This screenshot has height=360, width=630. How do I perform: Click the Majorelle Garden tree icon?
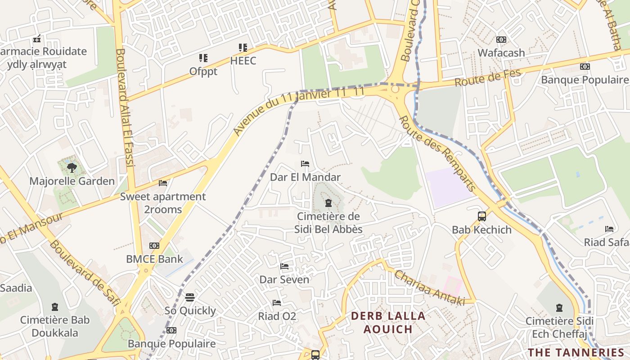click(x=71, y=168)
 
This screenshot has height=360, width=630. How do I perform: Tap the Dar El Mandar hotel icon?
click(x=305, y=164)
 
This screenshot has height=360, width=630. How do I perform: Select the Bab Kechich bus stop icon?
click(x=481, y=216)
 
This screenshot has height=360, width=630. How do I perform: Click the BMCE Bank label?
click(x=154, y=259)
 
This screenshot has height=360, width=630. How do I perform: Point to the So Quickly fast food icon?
click(x=190, y=297)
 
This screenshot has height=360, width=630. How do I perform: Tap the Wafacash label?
click(x=501, y=53)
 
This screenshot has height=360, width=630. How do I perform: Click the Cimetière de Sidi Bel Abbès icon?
click(x=328, y=203)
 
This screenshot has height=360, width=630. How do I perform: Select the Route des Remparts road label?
click(x=437, y=153)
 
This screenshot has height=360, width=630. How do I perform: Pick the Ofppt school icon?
click(x=203, y=58)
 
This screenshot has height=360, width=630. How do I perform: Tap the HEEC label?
click(x=243, y=61)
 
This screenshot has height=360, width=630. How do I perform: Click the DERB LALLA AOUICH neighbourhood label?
click(x=388, y=322)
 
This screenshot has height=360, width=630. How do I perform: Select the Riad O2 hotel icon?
click(x=277, y=303)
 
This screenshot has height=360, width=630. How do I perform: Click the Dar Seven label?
click(x=284, y=279)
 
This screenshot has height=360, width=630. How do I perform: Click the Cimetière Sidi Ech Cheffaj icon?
click(x=559, y=308)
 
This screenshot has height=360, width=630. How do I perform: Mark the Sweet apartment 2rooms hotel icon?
click(x=163, y=183)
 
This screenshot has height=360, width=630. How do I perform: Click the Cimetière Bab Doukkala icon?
click(x=54, y=307)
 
